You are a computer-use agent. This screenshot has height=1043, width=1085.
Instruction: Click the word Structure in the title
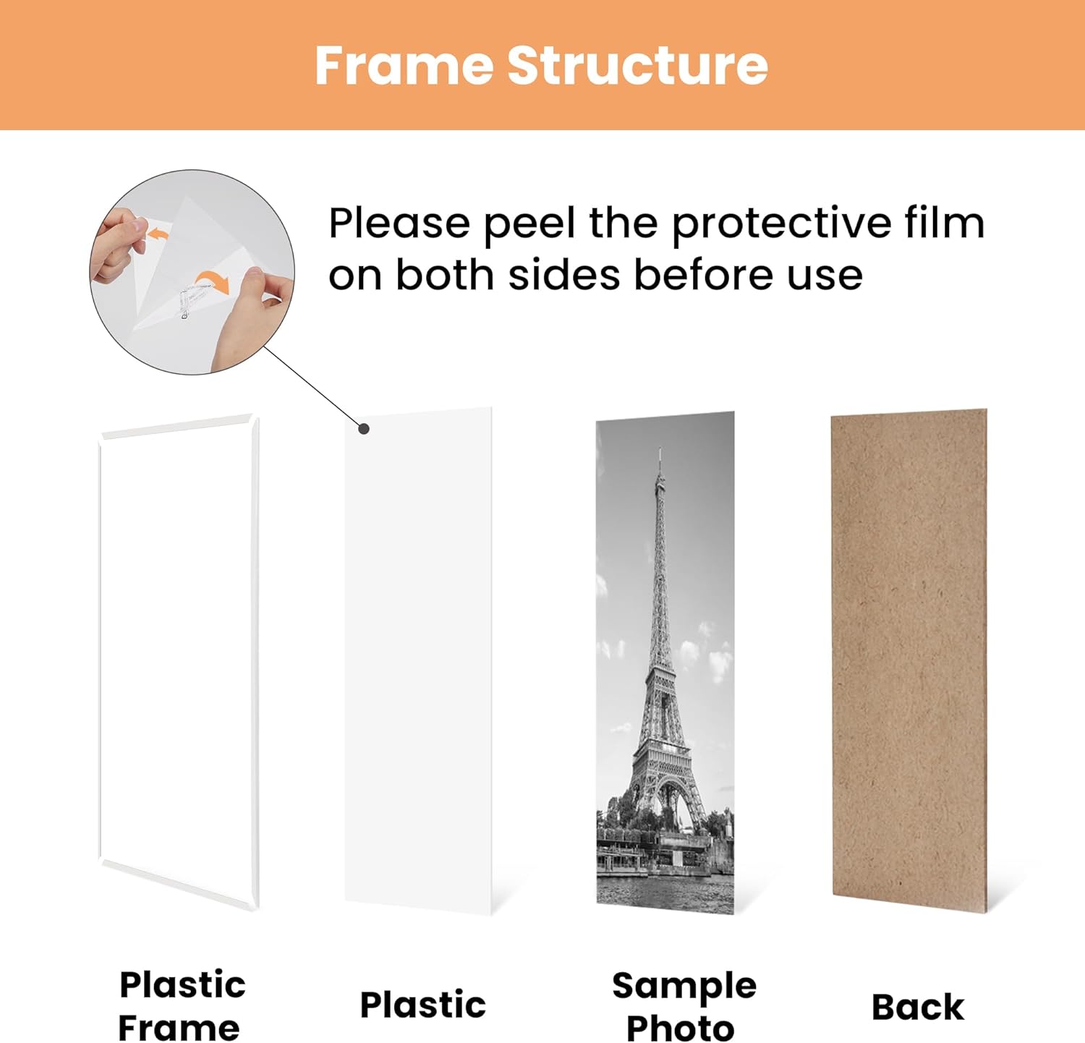637,66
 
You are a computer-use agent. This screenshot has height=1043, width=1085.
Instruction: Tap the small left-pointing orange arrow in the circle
157,234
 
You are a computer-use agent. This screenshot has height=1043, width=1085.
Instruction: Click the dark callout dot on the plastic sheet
365,429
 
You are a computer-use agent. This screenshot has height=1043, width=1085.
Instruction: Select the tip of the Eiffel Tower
660,453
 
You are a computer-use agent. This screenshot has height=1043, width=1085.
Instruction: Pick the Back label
917,1007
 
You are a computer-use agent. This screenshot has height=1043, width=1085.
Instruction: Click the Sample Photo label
683,1006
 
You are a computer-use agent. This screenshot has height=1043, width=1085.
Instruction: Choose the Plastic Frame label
181,1006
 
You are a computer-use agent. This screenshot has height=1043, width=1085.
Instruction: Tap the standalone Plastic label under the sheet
422,1005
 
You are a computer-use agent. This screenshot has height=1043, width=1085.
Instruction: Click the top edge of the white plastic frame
177,427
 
